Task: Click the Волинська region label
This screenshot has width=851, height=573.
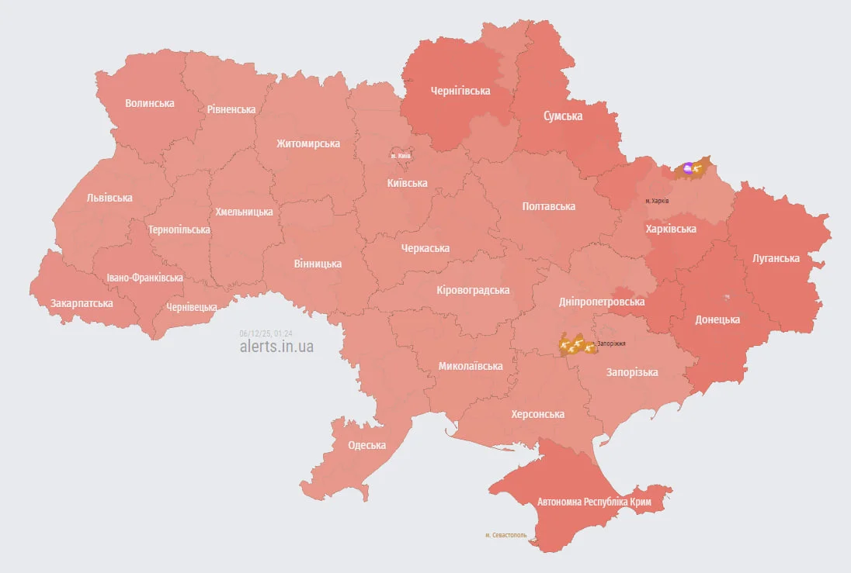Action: point(150,103)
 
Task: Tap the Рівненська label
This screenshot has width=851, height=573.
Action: point(231,109)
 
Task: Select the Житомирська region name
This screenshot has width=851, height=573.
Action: point(308,143)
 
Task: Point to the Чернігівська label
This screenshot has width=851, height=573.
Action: point(460,91)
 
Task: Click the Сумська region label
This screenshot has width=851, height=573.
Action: point(563,116)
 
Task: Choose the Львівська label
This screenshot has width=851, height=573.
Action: point(109,198)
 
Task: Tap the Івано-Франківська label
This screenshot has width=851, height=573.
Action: point(145,278)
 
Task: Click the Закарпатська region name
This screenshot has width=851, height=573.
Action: point(82,303)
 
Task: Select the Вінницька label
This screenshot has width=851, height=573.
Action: point(318,264)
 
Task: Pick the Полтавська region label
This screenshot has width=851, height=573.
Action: point(549,206)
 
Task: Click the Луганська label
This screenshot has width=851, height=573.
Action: point(776,258)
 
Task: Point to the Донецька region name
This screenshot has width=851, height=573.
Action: point(717,319)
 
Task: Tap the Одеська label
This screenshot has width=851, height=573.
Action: point(366,445)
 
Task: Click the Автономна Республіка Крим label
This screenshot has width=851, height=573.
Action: point(594,502)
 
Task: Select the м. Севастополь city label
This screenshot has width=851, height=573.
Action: point(505,535)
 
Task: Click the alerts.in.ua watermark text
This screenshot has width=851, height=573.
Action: point(276,347)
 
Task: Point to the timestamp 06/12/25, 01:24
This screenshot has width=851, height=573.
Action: point(266,332)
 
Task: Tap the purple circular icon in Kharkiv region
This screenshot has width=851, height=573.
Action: point(688,167)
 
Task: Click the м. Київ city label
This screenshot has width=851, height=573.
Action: point(401,156)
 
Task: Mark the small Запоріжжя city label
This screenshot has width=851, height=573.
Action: point(610,343)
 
